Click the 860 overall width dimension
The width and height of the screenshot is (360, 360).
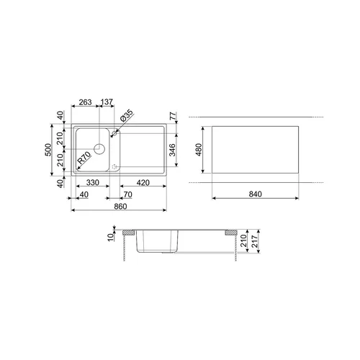120,207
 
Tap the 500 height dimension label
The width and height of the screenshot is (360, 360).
48,150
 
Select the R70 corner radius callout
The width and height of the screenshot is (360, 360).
84,158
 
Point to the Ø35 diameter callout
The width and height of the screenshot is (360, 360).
126,116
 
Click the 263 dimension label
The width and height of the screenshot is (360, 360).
85,102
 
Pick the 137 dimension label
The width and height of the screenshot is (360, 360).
107,102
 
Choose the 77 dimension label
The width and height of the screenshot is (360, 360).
173,116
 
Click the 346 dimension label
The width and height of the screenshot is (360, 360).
172,150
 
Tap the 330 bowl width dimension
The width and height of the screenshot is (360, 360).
93,183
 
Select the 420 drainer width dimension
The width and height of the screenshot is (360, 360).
143,183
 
